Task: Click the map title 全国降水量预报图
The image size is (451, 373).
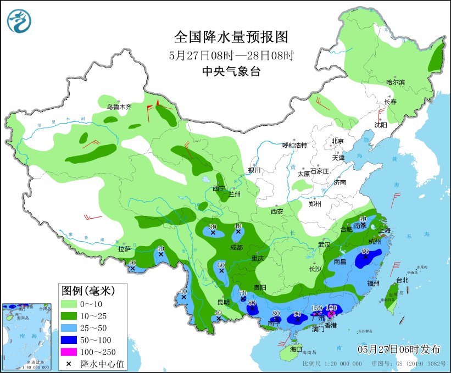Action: [231, 37]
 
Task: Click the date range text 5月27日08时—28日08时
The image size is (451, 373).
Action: [231, 55]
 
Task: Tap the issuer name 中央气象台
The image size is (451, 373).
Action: [231, 71]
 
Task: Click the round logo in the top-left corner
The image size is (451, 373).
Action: [19, 21]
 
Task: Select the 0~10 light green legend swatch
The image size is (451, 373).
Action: [69, 304]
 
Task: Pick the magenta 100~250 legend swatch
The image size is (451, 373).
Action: [69, 352]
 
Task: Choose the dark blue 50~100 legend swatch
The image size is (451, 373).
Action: [69, 339]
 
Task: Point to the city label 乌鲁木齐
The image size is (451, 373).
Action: [119, 107]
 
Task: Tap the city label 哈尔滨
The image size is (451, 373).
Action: [395, 82]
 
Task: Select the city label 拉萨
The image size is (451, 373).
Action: [124, 249]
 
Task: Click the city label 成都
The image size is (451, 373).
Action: [236, 248]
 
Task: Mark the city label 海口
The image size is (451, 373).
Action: [296, 349]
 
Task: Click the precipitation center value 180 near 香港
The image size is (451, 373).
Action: [331, 308]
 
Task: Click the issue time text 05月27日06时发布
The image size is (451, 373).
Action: [399, 349]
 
